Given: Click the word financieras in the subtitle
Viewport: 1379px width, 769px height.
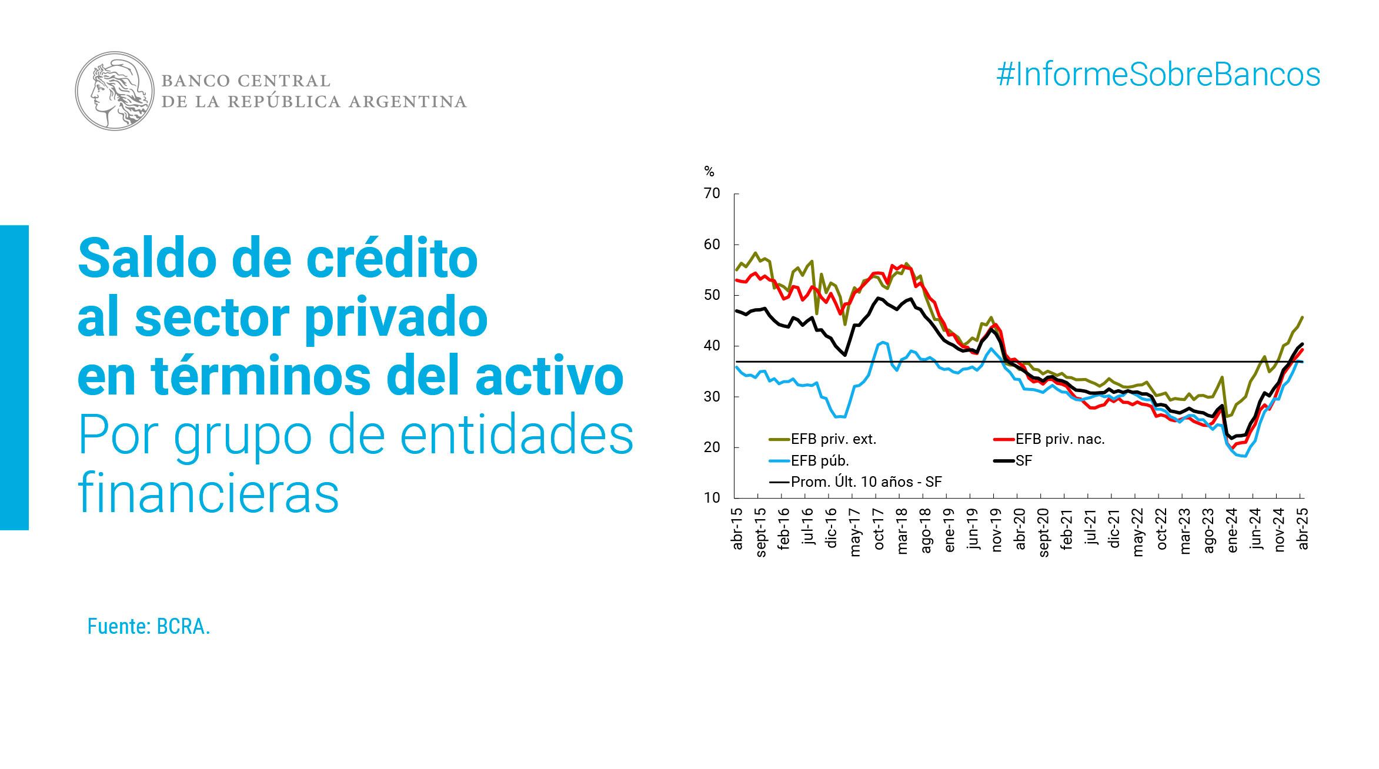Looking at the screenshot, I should pos(209,494).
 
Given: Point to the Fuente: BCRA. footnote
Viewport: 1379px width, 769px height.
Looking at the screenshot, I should pos(149,627).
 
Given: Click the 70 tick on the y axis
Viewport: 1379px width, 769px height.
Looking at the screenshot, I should pos(712,193).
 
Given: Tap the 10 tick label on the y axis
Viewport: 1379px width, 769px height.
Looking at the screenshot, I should pos(712,498).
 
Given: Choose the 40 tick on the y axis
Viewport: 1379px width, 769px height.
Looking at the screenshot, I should pos(712,346).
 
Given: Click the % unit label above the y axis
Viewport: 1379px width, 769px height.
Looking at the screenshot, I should pos(709,172).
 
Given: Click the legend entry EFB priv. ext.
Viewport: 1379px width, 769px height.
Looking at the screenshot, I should pos(833,439).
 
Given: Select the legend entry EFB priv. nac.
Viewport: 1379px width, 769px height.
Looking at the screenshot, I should pos(1060,439).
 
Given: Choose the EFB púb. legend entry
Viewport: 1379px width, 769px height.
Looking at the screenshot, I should pos(820,461).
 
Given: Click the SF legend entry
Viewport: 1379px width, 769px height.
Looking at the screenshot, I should pos(1023,461).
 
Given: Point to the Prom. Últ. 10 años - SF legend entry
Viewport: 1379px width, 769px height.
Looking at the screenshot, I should pos(866,482).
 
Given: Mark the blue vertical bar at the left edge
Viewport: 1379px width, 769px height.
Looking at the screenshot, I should pos(14,377).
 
